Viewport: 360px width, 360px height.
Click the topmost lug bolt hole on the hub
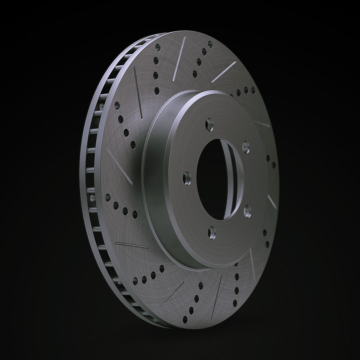tap(209, 124)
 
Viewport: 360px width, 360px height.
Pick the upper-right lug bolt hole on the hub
tap(246, 145)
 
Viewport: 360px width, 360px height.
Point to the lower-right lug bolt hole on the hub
tap(247, 210)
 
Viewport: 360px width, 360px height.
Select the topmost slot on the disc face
tap(179, 58)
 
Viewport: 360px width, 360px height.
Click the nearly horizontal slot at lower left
tap(131, 245)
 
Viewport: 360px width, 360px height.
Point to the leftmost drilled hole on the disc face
tap(107, 197)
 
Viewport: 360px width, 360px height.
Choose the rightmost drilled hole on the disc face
tap(274, 165)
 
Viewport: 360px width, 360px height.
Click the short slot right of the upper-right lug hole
tap(262, 124)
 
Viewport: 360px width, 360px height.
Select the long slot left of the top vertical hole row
tap(138, 92)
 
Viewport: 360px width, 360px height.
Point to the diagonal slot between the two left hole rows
tap(119, 165)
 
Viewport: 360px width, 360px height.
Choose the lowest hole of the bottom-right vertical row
tap(235, 303)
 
